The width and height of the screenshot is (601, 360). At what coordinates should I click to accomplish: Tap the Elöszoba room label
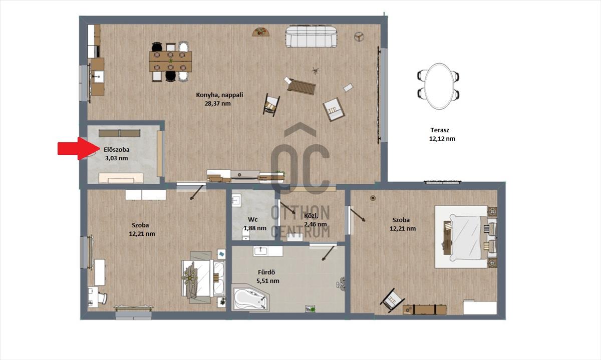[116, 150]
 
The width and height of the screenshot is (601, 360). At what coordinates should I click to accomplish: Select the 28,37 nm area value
[217, 104]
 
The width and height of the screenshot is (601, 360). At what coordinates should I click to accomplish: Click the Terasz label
[440, 130]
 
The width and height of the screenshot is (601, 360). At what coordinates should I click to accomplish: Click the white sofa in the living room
[311, 37]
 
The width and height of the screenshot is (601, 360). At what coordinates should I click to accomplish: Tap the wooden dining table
[171, 62]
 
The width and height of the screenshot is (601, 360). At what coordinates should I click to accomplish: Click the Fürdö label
[266, 272]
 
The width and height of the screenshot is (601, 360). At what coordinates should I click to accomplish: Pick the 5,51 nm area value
[268, 281]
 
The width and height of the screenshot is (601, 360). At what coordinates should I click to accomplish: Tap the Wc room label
[253, 219]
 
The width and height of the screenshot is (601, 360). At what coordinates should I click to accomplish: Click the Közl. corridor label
[311, 215]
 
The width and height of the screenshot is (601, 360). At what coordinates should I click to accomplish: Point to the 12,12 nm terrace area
[442, 139]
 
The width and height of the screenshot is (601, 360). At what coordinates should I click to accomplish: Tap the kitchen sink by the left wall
[98, 77]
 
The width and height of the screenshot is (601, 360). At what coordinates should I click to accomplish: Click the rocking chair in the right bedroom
[392, 300]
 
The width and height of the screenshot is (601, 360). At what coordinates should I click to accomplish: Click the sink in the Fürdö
[260, 251]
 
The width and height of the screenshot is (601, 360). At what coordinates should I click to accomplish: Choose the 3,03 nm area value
[116, 158]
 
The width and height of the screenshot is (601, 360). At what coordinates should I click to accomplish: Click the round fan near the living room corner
[359, 37]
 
